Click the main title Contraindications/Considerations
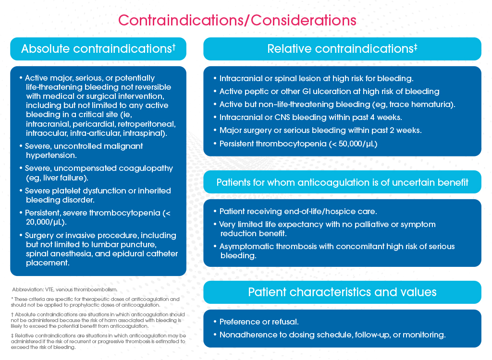pos(237,21)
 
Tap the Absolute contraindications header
pos(98,49)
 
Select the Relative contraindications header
pos(342,49)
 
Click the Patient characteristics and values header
pos(342,292)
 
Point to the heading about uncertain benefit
pos(342,182)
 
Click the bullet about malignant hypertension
pos(84,151)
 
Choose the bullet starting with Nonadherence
pos(332,335)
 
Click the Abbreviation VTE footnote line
pos(64,290)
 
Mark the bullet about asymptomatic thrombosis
pos(336,251)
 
